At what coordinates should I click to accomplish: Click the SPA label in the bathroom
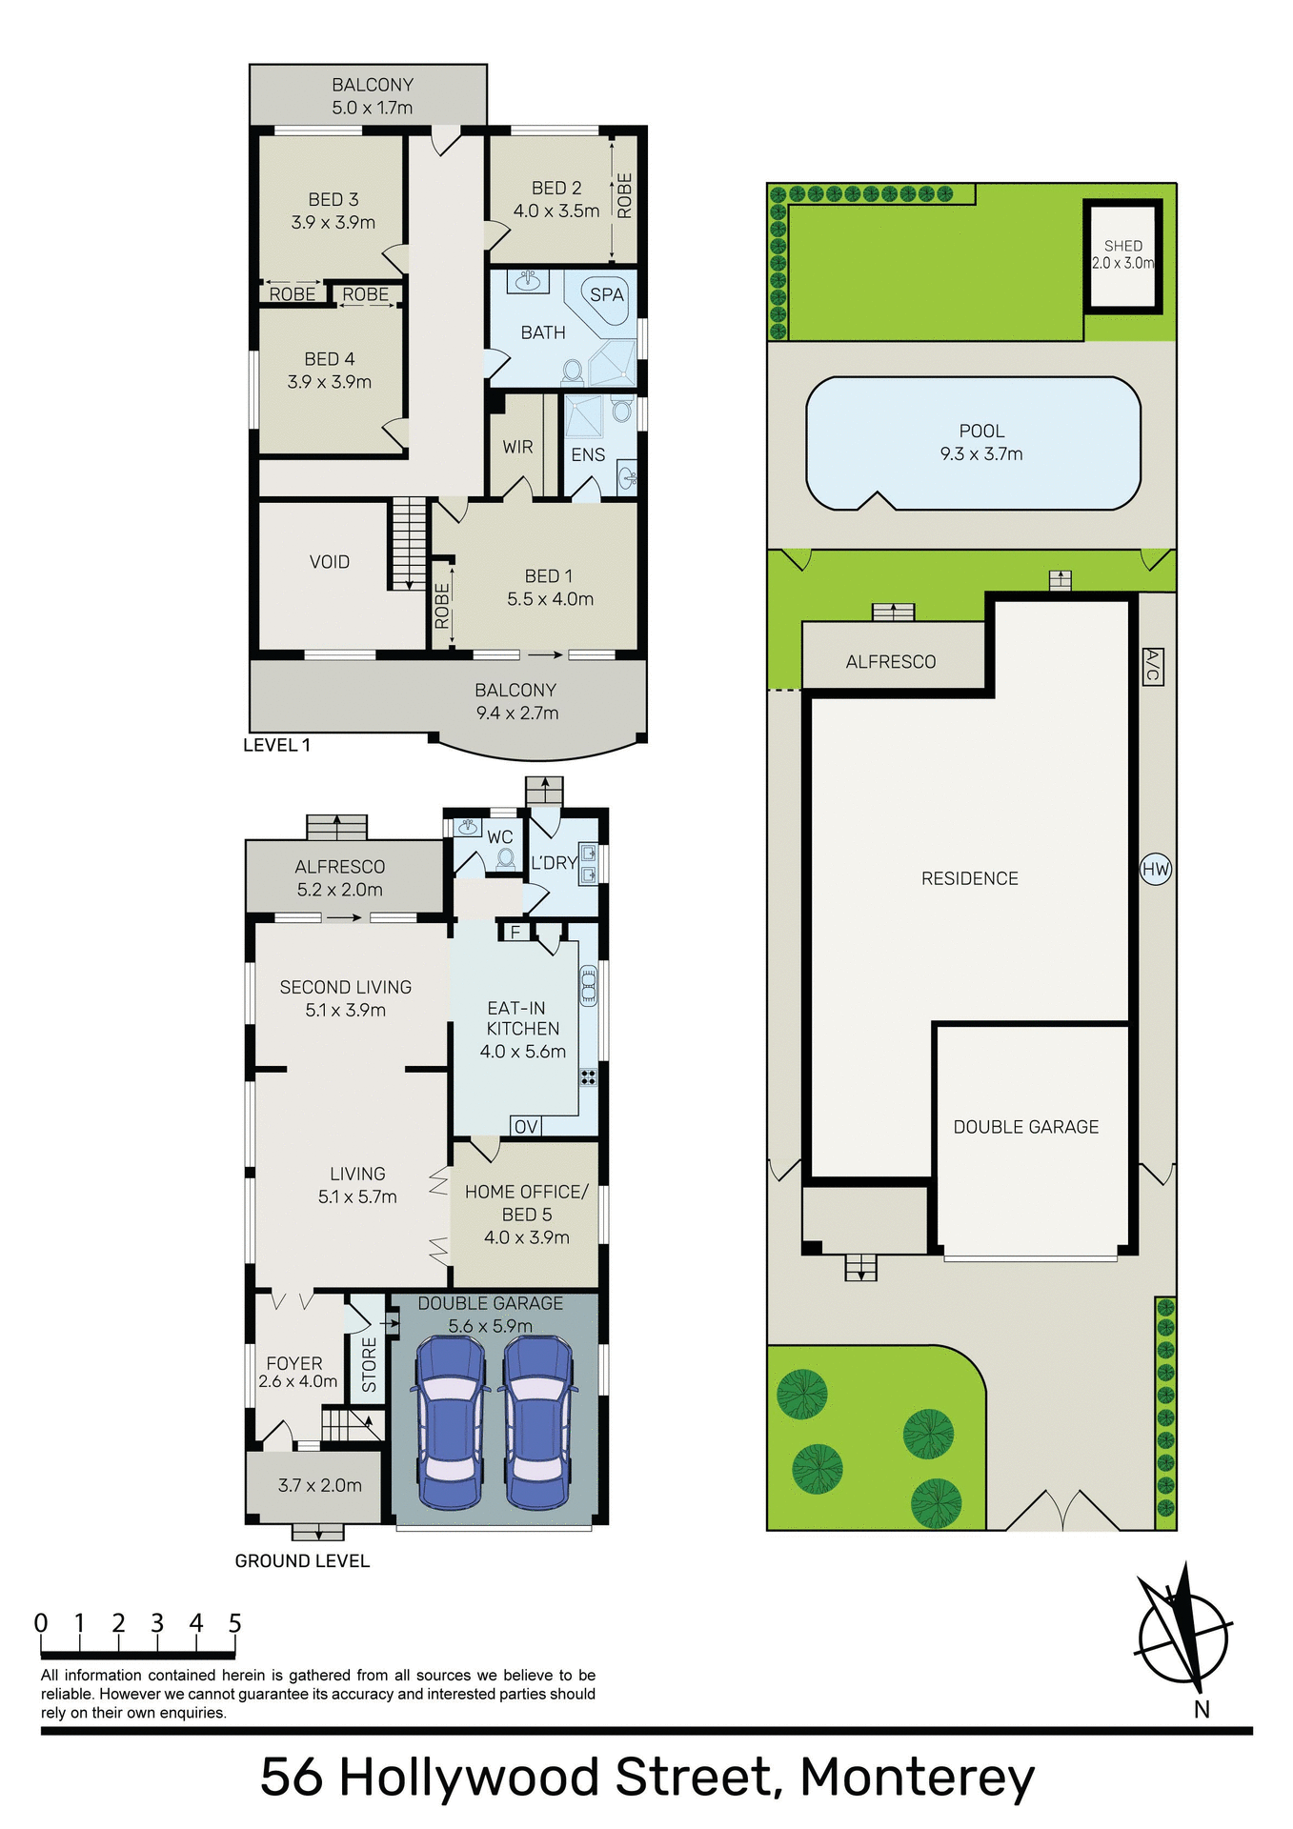[606, 295]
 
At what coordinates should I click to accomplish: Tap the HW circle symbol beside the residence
[1155, 869]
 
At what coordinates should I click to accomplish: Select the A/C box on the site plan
[1151, 666]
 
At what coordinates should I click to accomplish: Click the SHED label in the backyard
[1122, 246]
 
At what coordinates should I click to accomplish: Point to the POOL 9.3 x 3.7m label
[980, 443]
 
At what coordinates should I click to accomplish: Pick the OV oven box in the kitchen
[526, 1127]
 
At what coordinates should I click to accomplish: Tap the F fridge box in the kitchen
[515, 932]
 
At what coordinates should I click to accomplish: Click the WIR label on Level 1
[517, 447]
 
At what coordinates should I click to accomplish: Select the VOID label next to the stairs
[329, 562]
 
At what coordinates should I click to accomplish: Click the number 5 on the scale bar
[234, 1623]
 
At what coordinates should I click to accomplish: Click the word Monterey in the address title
[917, 1778]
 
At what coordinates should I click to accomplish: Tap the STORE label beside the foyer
[369, 1365]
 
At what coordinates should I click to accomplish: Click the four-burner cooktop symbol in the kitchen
[588, 1077]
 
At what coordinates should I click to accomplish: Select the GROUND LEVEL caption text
[302, 1560]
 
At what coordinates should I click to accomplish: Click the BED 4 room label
[329, 359]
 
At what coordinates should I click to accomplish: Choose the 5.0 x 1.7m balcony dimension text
[372, 108]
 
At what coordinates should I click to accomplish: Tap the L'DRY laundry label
[554, 863]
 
